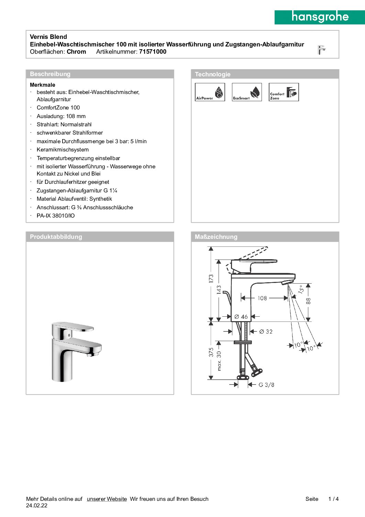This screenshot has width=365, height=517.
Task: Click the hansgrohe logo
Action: pos(320,17)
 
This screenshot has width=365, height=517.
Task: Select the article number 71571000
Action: pos(153,52)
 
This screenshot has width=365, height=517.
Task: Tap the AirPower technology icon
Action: pos(210,92)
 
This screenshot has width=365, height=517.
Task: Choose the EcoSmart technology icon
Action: pos(247,92)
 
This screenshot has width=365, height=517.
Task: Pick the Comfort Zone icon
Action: pos(284,92)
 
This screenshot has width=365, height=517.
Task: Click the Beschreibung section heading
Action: pos(50,74)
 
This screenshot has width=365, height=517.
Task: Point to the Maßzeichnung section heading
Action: pos(216,237)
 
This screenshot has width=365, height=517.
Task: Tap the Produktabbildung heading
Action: pos(56,237)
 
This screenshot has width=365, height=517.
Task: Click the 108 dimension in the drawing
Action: pos(262,298)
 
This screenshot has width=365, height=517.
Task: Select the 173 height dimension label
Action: pos(211,278)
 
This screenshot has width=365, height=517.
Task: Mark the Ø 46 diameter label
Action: pos(241,317)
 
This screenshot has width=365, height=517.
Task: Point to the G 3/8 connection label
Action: pos(266,385)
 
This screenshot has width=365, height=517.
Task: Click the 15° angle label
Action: pos(301,289)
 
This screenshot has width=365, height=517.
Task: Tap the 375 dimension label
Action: pos(211,352)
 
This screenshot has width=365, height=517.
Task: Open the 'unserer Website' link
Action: pos(107,499)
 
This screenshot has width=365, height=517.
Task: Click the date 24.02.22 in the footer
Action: pos(37,506)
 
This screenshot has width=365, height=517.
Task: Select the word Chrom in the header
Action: pos(76,52)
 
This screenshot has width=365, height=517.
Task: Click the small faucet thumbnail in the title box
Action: pos(321,50)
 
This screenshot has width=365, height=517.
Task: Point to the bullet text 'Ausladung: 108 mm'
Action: pos(61,116)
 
